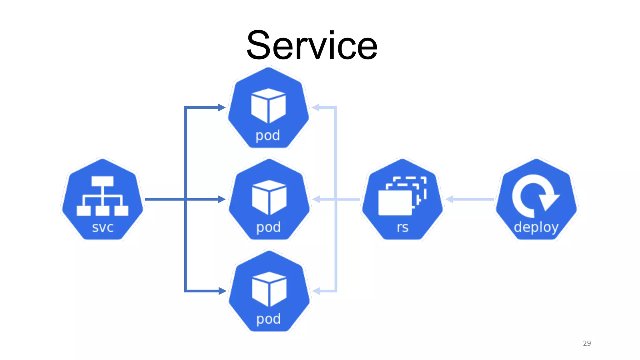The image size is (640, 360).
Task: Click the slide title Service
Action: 312,45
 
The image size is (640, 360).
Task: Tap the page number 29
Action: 587,343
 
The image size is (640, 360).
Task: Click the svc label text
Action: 102,227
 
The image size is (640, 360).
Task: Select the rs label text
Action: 402,227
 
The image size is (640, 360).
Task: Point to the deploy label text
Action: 536,227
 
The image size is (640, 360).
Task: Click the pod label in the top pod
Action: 268,136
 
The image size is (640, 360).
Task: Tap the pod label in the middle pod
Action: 268,227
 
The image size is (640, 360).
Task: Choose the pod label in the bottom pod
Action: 268,319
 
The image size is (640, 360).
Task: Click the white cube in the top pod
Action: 268,106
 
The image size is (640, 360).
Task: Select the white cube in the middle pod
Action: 269,197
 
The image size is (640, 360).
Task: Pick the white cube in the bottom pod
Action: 269,289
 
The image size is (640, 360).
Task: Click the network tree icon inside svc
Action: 102,196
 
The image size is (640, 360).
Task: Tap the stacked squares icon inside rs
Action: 402,196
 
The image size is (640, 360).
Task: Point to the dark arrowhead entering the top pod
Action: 222,107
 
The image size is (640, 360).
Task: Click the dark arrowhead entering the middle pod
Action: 222,199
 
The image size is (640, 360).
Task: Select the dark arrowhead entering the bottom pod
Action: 222,291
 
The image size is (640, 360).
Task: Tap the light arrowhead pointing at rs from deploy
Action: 449,199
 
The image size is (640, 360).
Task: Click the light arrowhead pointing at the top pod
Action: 316,107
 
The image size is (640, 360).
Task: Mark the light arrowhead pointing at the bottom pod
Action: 316,291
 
